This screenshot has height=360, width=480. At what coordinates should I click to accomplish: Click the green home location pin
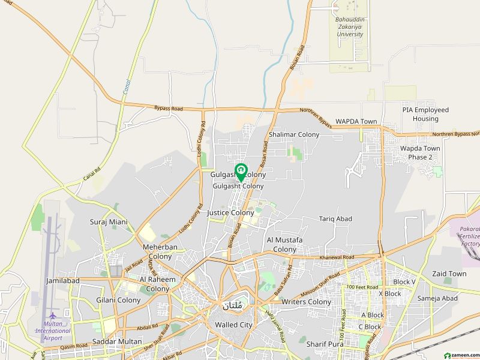tap(240, 172)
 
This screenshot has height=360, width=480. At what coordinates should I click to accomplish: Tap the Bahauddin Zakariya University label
tap(349, 27)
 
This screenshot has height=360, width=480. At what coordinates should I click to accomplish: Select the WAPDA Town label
tap(356, 121)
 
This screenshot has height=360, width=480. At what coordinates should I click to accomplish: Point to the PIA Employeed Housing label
tap(425, 114)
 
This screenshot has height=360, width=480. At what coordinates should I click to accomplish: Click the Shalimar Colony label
tap(294, 135)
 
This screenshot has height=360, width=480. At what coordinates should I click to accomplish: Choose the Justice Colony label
tap(230, 212)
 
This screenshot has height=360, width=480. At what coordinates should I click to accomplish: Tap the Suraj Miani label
tap(109, 222)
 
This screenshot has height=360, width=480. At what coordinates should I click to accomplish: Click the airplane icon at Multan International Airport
tap(53, 316)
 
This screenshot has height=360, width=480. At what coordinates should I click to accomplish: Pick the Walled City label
tap(233, 325)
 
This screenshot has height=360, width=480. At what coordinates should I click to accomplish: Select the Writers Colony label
tap(306, 302)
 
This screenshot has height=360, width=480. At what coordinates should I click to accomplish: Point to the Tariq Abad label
tap(335, 219)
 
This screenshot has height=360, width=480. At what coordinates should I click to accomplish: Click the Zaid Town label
tap(449, 274)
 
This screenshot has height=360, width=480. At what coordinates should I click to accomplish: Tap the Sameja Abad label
tap(437, 298)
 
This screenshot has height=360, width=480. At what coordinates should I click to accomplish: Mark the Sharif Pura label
tap(323, 344)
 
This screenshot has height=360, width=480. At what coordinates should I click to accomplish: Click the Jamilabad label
tap(63, 280)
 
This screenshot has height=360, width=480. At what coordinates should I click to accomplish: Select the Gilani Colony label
tap(118, 300)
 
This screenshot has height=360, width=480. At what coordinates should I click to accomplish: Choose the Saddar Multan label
tap(117, 342)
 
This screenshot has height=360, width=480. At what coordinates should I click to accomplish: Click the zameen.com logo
tap(461, 354)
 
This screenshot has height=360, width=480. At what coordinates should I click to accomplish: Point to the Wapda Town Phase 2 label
tap(420, 152)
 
